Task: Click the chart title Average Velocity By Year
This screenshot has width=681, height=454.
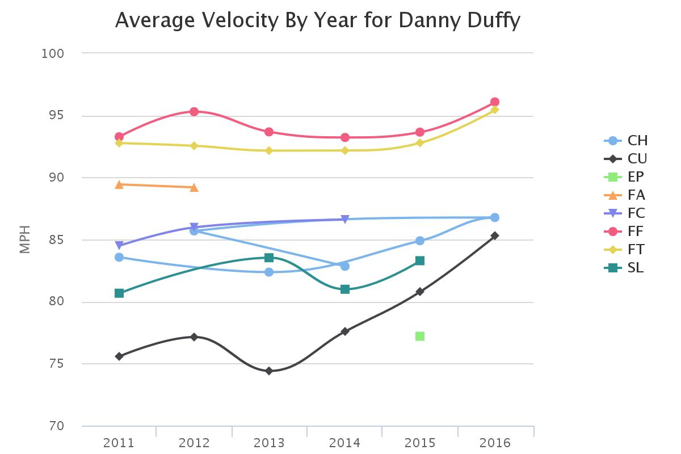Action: (318, 20)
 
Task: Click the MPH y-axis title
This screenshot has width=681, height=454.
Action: (24, 239)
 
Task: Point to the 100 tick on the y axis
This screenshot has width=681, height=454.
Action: (52, 53)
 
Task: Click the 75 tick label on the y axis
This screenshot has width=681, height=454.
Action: (52, 364)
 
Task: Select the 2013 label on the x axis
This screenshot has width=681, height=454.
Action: (269, 443)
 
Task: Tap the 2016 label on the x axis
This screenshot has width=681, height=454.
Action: (495, 443)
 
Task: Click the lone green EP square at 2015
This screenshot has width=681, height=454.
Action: (420, 337)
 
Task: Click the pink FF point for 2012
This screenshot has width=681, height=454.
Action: (194, 111)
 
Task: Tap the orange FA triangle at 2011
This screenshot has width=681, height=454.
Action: (119, 184)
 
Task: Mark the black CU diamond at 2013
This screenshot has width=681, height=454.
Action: (269, 371)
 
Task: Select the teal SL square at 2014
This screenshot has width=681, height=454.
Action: (345, 289)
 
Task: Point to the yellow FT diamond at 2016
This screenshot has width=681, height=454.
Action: (495, 110)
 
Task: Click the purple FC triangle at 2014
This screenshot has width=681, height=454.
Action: (345, 220)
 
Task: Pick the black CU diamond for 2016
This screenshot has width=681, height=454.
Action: (495, 236)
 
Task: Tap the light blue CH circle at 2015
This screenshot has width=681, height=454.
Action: (420, 241)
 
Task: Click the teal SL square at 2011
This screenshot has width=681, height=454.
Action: (119, 293)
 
